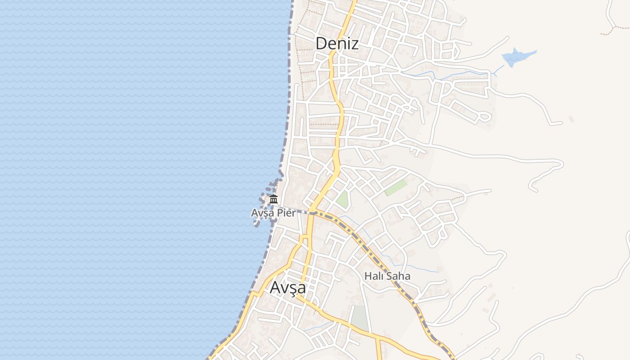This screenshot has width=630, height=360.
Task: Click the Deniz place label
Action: [x=337, y=44]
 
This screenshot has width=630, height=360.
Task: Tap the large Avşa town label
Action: [x=288, y=288]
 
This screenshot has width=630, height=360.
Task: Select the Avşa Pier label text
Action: [x=274, y=213]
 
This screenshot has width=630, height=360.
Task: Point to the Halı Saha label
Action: [x=387, y=276]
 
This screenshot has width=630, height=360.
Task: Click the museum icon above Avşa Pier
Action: [x=274, y=199]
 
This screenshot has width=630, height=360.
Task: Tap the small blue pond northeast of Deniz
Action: [x=517, y=57]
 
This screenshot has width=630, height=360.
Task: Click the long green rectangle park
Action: [x=396, y=188]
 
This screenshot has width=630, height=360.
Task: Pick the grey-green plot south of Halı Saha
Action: [x=360, y=318]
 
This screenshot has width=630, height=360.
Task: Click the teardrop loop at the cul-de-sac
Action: [x=484, y=117]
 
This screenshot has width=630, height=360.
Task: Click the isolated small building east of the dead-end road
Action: [x=571, y=119]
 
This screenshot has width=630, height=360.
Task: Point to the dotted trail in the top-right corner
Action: [x=615, y=30]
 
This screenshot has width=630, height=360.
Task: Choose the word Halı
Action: [x=373, y=276]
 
